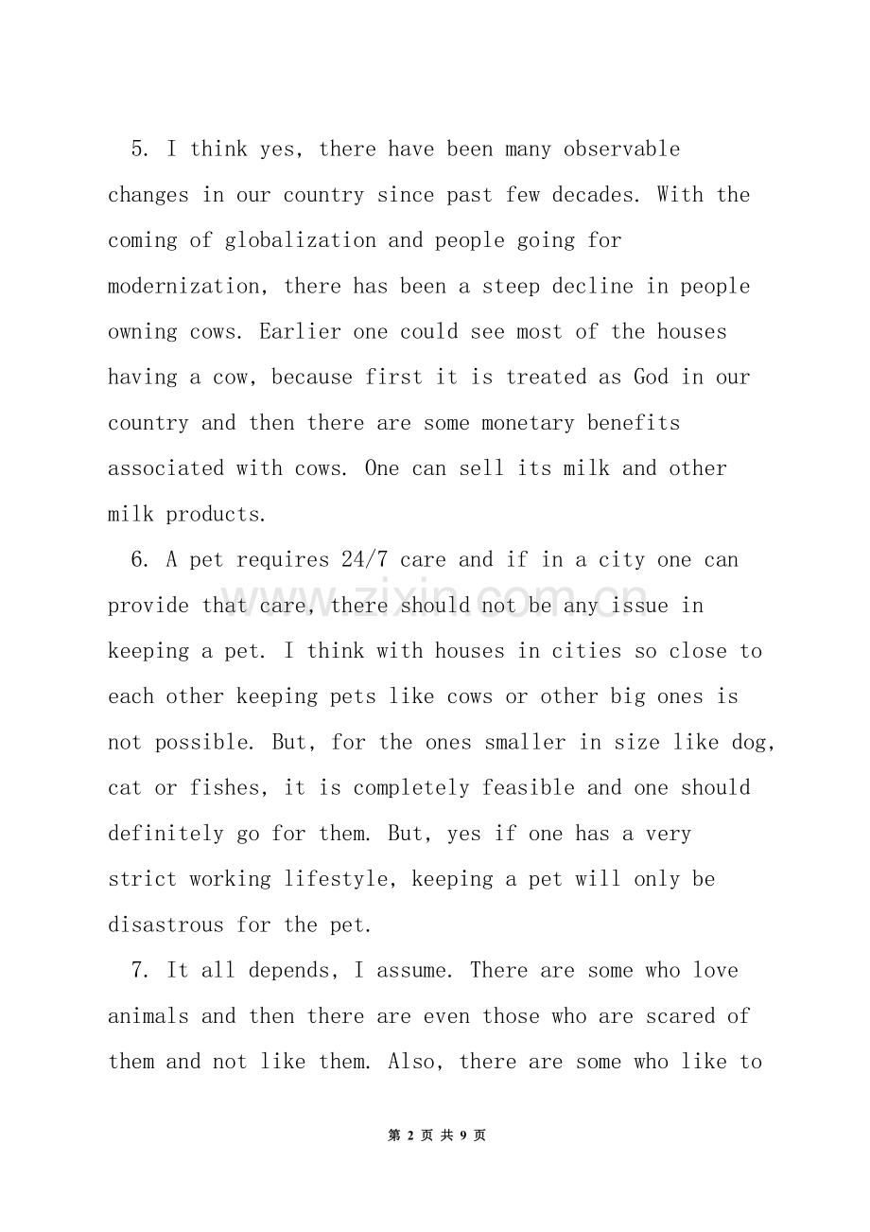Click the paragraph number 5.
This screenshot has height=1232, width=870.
[138, 150]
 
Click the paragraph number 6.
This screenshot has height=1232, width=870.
[138, 560]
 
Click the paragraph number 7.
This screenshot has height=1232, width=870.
[138, 971]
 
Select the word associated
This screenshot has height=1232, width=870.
[165, 468]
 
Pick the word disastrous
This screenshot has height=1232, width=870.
[165, 925]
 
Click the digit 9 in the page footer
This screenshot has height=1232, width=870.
[462, 1135]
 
